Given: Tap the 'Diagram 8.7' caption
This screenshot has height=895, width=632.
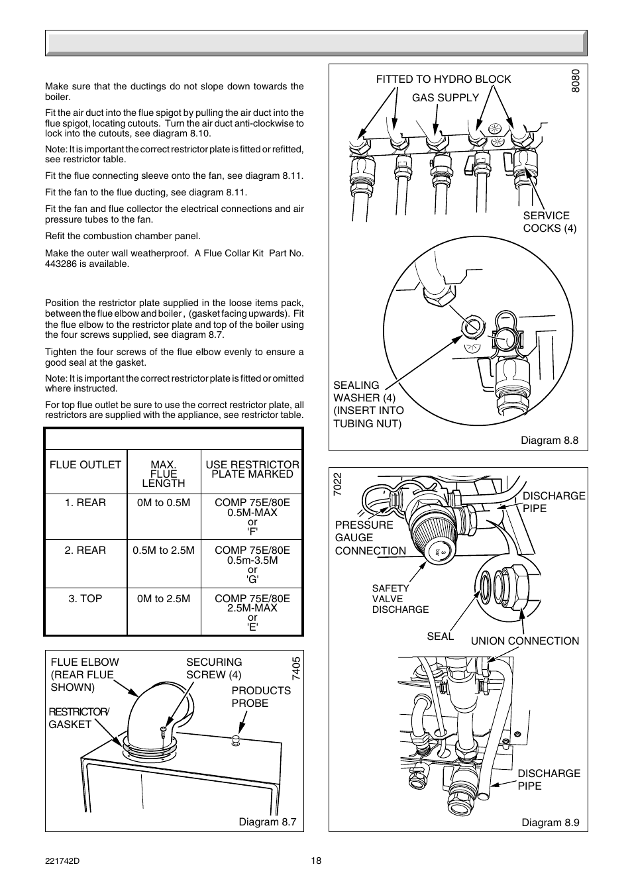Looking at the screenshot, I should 267,821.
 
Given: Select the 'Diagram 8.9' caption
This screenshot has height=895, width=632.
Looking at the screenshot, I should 550,822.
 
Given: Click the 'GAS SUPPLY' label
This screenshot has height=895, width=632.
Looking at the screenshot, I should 445,97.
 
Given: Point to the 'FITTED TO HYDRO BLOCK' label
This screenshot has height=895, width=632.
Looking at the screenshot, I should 443,79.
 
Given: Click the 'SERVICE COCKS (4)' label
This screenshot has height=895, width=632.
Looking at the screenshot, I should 549,222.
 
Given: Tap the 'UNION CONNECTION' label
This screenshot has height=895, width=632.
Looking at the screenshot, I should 525,641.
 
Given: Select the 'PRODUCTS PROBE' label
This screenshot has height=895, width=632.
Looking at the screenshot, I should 261,697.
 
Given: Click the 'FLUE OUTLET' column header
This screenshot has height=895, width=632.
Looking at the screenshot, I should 85,464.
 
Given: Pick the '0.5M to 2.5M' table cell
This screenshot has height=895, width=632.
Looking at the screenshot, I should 164,550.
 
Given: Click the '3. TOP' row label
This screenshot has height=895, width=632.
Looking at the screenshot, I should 85,598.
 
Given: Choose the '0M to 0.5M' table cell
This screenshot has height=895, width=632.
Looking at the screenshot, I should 164,502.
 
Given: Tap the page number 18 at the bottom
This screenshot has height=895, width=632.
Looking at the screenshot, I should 316,861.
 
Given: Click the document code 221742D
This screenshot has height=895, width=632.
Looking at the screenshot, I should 61,861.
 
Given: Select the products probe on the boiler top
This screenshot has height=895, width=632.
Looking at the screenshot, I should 234,740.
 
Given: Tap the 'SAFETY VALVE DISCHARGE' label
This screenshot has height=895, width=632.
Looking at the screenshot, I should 400,599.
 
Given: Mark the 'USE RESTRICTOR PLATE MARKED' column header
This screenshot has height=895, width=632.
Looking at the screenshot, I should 252,469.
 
